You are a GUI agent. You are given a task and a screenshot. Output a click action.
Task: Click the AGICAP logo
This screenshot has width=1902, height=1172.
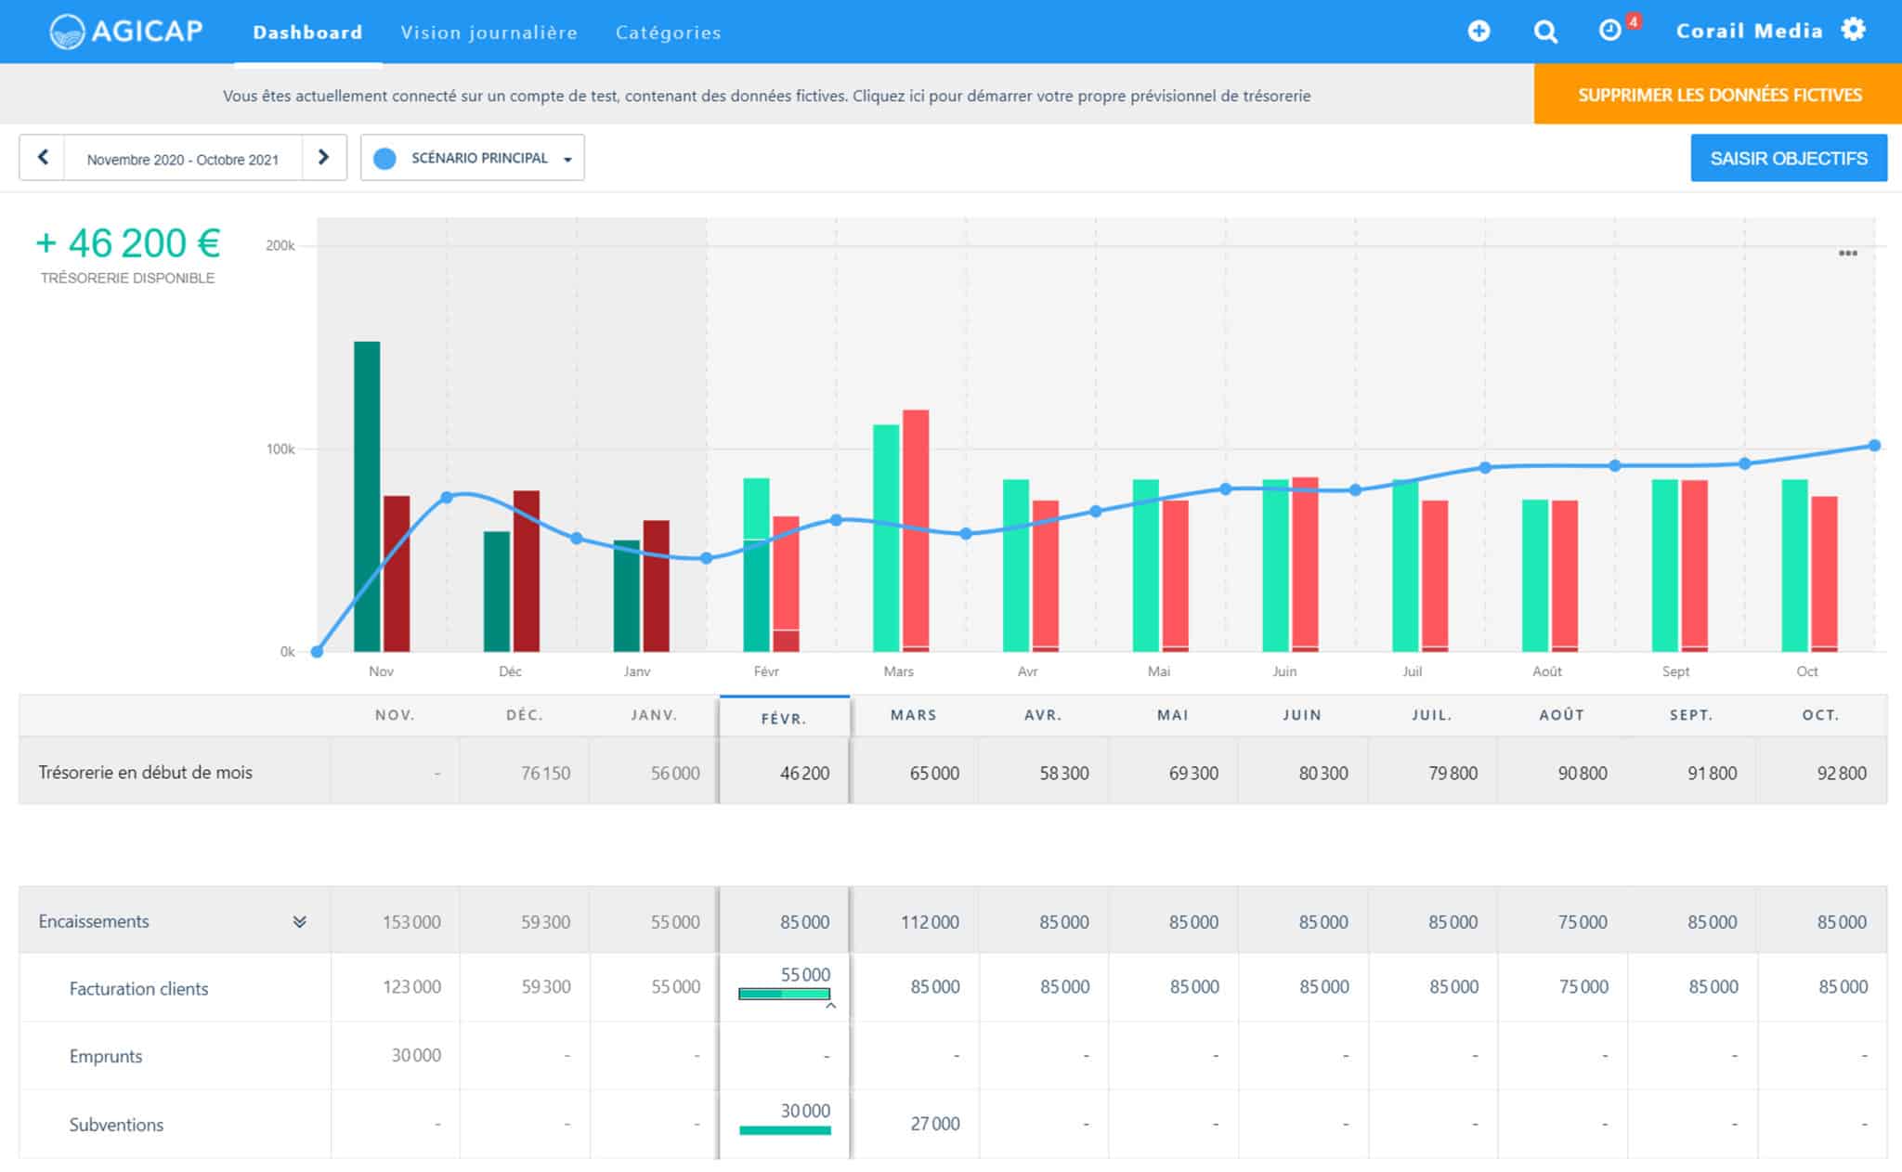(x=125, y=31)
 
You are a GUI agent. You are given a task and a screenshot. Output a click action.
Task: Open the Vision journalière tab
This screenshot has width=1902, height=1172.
(x=489, y=33)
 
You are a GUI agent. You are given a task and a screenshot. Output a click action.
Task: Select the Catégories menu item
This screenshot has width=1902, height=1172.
(x=668, y=33)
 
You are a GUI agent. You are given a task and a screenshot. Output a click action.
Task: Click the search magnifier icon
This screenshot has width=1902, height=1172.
(x=1545, y=32)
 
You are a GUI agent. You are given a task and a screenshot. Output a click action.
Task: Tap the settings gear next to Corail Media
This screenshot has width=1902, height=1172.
(x=1854, y=30)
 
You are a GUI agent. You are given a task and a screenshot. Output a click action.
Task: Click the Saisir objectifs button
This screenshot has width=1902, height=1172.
(x=1788, y=158)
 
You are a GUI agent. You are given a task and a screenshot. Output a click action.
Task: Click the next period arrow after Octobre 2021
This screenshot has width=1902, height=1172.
(x=323, y=157)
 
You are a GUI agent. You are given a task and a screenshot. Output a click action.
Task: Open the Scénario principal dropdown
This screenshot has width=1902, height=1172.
(x=473, y=158)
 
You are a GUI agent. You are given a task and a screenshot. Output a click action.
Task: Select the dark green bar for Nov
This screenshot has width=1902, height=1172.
(x=367, y=496)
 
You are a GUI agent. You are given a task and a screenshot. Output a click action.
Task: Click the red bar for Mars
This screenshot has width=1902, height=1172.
(x=916, y=529)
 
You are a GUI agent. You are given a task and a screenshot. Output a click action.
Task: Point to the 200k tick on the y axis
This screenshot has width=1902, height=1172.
(x=280, y=246)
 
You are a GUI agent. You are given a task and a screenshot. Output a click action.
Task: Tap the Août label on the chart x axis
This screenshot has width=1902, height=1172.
(x=1546, y=671)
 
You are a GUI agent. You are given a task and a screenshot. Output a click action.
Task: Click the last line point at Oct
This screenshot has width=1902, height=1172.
(x=1874, y=446)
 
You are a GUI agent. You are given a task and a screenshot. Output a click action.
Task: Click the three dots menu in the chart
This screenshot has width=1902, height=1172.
(x=1847, y=254)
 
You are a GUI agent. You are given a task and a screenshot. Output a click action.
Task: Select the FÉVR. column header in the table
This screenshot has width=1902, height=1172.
(x=784, y=718)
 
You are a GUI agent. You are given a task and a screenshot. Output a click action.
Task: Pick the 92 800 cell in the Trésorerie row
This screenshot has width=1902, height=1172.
(x=1839, y=773)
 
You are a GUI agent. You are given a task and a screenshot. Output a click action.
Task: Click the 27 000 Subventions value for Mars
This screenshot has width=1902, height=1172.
(x=934, y=1124)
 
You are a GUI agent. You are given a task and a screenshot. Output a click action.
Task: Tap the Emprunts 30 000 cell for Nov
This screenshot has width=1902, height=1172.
(x=415, y=1056)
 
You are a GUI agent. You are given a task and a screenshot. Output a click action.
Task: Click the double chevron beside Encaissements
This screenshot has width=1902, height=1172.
(x=299, y=922)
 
